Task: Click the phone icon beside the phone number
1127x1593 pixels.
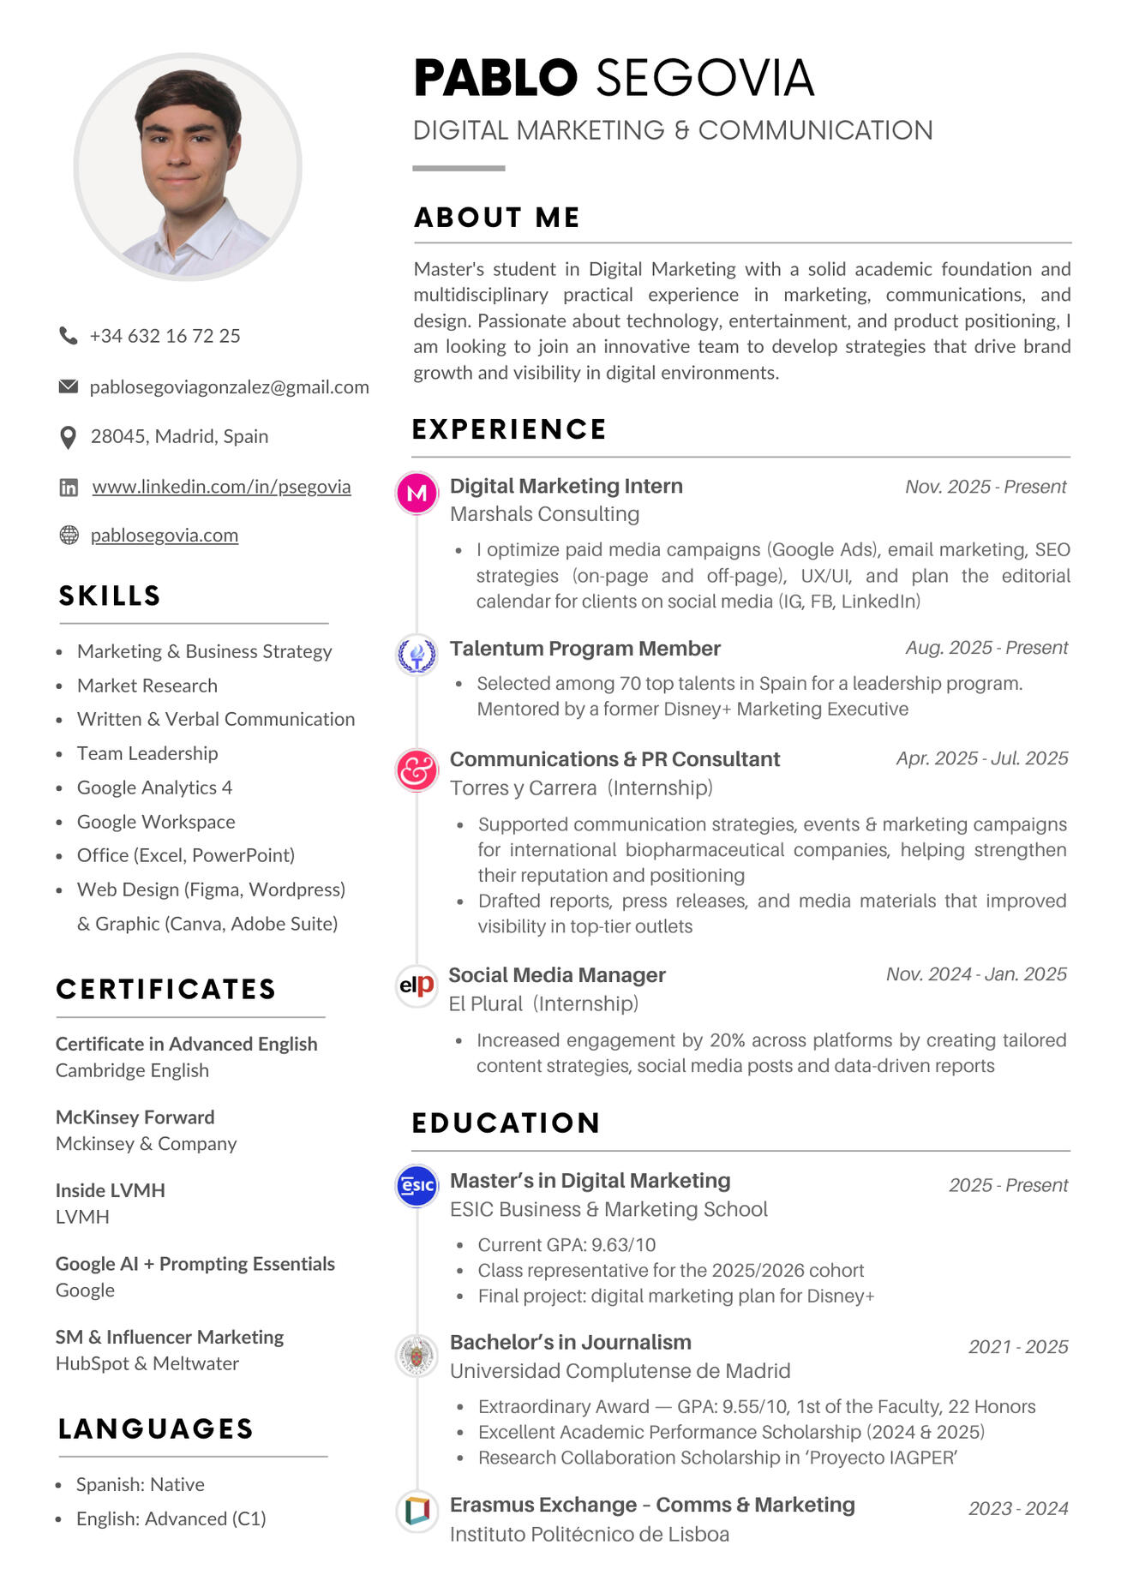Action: pyautogui.click(x=68, y=335)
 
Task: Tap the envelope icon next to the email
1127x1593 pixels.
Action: pyautogui.click(x=68, y=386)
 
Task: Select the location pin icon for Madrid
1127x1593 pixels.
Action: pyautogui.click(x=68, y=437)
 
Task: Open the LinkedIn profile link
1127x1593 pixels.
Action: pyautogui.click(x=221, y=487)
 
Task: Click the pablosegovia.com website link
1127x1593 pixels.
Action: pyautogui.click(x=165, y=536)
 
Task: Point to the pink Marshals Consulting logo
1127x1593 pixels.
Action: pyautogui.click(x=417, y=493)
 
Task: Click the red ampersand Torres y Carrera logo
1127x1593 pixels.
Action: pyautogui.click(x=417, y=769)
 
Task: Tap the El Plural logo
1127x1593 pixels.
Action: pyautogui.click(x=417, y=985)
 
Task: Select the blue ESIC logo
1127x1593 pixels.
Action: pyautogui.click(x=417, y=1186)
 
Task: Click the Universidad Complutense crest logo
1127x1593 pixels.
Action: pyautogui.click(x=417, y=1355)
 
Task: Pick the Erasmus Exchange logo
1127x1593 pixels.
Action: pyautogui.click(x=417, y=1510)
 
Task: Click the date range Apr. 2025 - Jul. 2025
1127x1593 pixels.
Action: pyautogui.click(x=982, y=758)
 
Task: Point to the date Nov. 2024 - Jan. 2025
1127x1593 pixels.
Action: pyautogui.click(x=976, y=974)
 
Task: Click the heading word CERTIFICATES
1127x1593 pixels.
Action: pyautogui.click(x=166, y=989)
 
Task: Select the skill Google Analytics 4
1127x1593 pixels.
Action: pyautogui.click(x=154, y=788)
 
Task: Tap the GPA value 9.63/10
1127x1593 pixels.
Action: pyautogui.click(x=623, y=1244)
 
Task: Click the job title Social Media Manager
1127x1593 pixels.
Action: pyautogui.click(x=557, y=975)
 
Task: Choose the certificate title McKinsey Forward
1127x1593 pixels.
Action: pyautogui.click(x=135, y=1117)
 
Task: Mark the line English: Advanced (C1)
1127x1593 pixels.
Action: pyautogui.click(x=171, y=1518)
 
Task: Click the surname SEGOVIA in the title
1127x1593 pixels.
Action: pyautogui.click(x=704, y=78)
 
